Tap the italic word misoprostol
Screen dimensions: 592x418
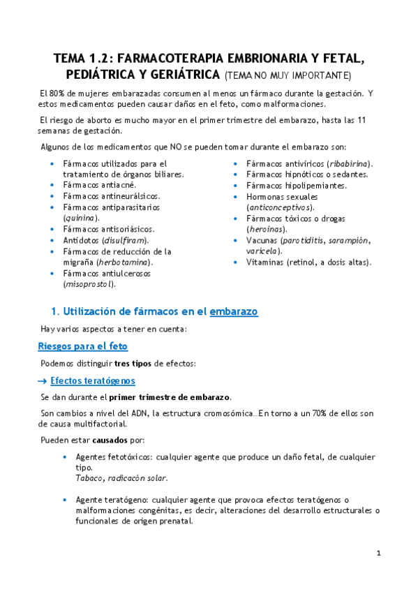89,284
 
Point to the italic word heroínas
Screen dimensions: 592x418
267,229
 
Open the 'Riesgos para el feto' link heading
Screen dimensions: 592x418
82,346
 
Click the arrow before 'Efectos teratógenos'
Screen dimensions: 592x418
43,380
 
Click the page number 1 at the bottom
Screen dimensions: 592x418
378,554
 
